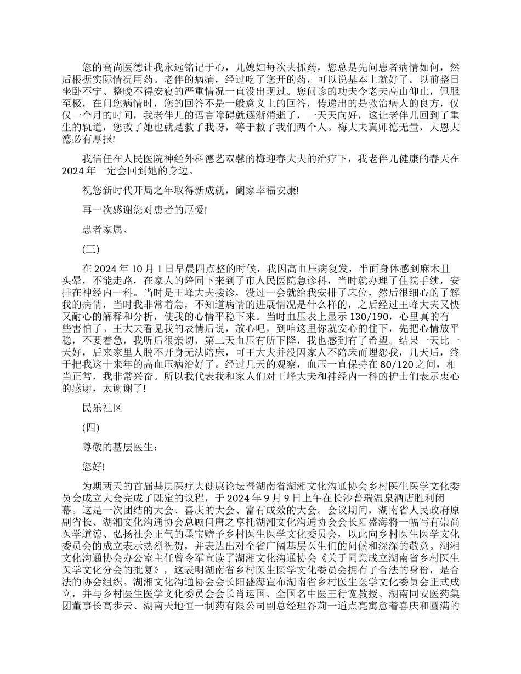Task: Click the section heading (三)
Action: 90,249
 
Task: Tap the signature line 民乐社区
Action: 101,408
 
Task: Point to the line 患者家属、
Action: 106,230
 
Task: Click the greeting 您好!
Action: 94,466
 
